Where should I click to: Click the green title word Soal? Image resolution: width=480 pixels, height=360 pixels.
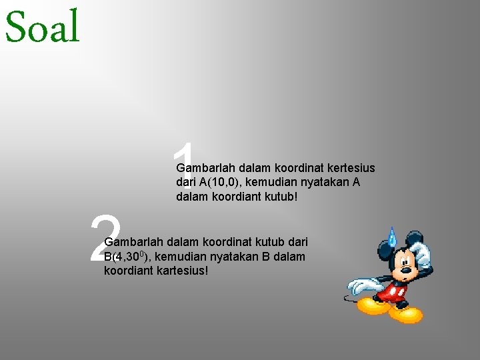coord(42,27)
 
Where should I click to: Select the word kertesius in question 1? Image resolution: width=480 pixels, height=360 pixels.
coord(349,168)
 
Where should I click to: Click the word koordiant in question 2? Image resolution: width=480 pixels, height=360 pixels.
coord(127,272)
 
